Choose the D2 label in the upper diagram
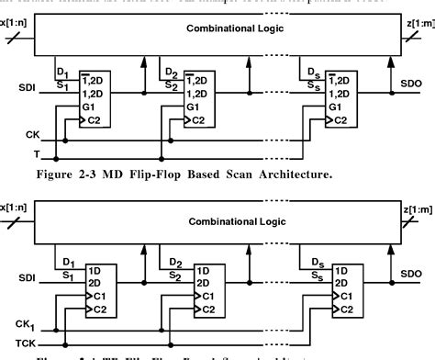click(170, 71)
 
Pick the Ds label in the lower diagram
click(312, 263)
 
